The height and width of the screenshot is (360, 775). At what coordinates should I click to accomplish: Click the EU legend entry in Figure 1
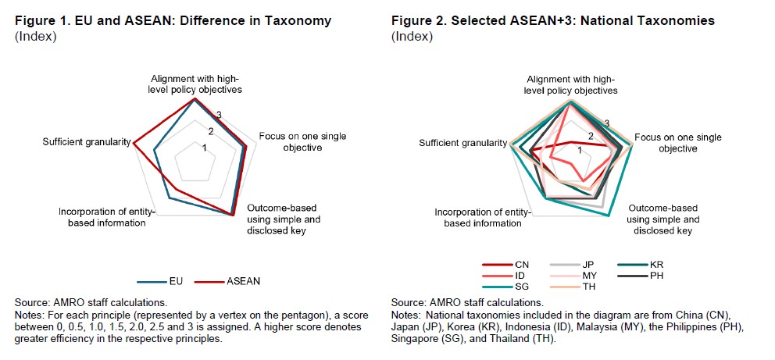160,281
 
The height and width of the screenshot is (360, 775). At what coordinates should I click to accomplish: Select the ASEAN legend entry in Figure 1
227,281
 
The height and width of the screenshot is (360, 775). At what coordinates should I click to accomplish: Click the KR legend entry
641,266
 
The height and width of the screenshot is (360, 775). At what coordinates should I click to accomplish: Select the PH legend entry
641,276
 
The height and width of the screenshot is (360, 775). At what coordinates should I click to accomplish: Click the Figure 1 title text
173,21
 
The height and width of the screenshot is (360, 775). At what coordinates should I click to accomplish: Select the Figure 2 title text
553,21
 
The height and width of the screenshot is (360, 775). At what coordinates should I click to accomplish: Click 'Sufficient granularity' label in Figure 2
463,143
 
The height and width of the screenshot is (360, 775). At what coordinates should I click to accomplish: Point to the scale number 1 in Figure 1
204,148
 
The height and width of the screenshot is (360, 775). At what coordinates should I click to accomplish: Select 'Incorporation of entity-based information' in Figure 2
483,218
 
